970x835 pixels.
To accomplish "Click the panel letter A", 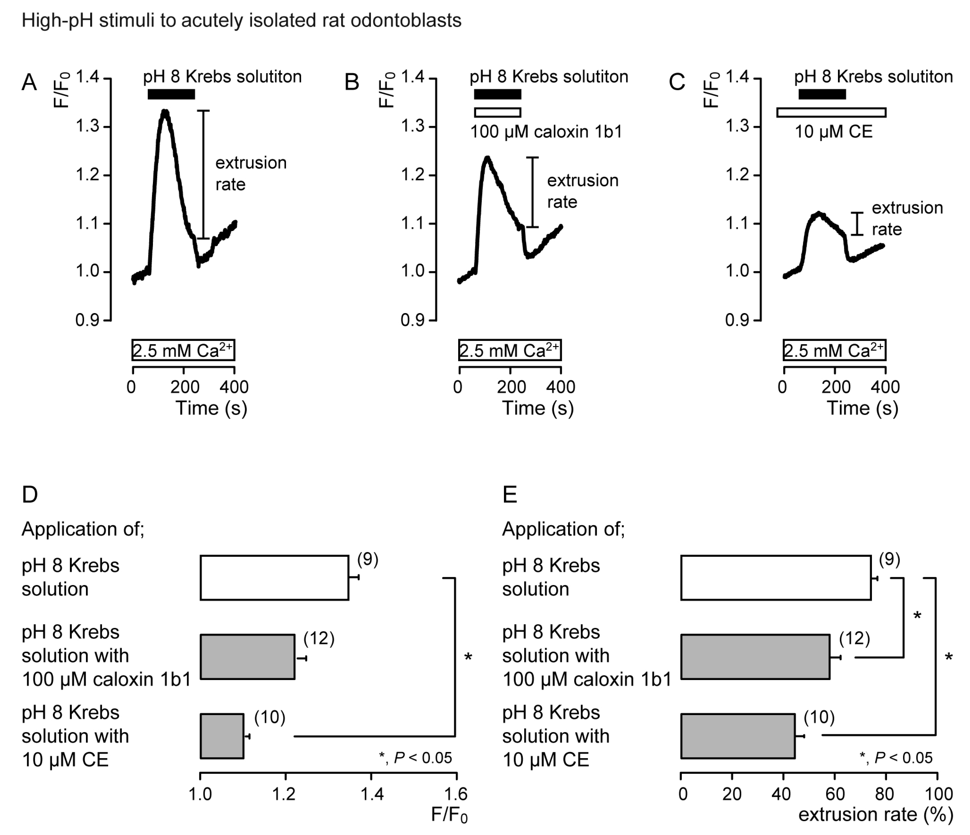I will pyautogui.click(x=29, y=83).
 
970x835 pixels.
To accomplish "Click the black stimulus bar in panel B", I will pyautogui.click(x=497, y=94).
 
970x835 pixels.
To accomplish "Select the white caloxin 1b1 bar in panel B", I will pyautogui.click(x=497, y=112).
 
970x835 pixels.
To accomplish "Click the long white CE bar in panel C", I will pyautogui.click(x=831, y=112).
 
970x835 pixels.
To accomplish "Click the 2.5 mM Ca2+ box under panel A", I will pyautogui.click(x=183, y=350).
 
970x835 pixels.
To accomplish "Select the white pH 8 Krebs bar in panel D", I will pyautogui.click(x=274, y=577).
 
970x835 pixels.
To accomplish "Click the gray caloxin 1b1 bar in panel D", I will pyautogui.click(x=247, y=656).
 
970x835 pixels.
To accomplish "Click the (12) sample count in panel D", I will pyautogui.click(x=319, y=638).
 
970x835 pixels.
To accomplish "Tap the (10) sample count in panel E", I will pyautogui.click(x=819, y=717).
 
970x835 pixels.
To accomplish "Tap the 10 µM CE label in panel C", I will pyautogui.click(x=833, y=132).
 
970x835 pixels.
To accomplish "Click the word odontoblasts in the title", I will pyautogui.click(x=405, y=21).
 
